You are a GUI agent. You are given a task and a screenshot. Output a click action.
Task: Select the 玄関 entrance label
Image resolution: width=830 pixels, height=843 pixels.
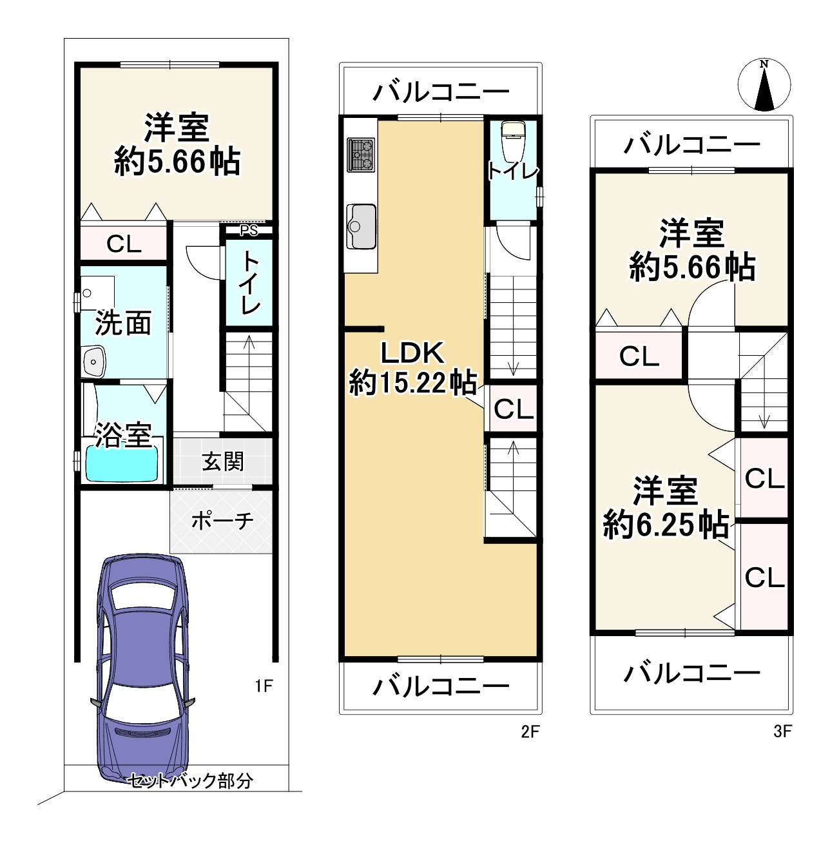click(x=223, y=461)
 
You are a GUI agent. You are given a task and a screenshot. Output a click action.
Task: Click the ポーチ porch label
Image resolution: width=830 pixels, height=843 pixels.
click(x=222, y=521)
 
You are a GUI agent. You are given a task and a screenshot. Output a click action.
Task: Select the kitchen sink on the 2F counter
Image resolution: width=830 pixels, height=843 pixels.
click(x=361, y=226)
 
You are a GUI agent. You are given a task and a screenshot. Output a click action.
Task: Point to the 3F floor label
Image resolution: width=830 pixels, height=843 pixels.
click(x=782, y=732)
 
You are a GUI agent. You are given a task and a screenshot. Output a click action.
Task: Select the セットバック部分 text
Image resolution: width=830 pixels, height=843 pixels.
click(x=190, y=781)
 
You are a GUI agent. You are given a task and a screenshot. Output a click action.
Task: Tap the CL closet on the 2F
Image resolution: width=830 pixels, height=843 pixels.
click(x=514, y=409)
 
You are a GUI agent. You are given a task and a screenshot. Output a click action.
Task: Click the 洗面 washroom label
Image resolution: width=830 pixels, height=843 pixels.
click(x=123, y=323)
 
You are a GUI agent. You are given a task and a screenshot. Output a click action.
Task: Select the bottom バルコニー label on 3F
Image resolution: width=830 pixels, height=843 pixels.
click(x=691, y=674)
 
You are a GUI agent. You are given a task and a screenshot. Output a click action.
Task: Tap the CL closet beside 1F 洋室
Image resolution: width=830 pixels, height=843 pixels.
click(x=124, y=244)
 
